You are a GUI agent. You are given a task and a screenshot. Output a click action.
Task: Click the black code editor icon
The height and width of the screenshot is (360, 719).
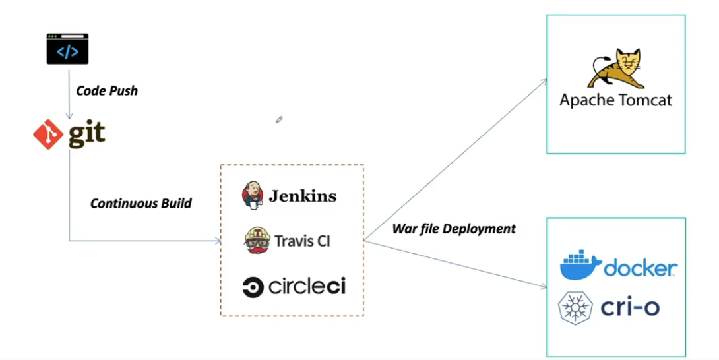pyautogui.click(x=67, y=49)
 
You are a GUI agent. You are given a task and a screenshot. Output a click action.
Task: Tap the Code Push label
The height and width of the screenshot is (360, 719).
pyautogui.click(x=107, y=91)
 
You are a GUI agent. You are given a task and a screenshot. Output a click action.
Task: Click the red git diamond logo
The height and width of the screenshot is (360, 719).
pyautogui.click(x=48, y=135)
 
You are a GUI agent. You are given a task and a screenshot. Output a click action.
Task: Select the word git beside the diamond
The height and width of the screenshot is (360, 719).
pyautogui.click(x=87, y=134)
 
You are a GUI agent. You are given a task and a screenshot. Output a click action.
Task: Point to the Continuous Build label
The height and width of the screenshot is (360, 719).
pyautogui.click(x=141, y=203)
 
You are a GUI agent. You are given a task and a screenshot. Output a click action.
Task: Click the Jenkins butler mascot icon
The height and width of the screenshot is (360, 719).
pyautogui.click(x=252, y=195)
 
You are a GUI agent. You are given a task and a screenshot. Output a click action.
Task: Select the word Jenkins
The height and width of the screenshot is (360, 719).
pyautogui.click(x=302, y=196)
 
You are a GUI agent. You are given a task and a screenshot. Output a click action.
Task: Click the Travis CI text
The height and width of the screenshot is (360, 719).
pyautogui.click(x=302, y=241)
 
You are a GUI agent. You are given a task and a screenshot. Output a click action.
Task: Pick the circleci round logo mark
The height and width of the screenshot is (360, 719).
pyautogui.click(x=253, y=287)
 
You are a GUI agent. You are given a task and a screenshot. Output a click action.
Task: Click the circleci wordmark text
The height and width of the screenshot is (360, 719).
pyautogui.click(x=307, y=287)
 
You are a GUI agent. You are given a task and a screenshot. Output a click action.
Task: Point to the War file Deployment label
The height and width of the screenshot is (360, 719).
pyautogui.click(x=454, y=229)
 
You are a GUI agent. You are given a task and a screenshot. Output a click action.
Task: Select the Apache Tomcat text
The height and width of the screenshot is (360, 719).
pyautogui.click(x=615, y=100)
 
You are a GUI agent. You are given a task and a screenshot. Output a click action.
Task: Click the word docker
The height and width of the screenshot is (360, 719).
pyautogui.click(x=641, y=268)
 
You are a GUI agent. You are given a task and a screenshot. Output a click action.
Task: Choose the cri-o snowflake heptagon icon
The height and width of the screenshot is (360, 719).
pyautogui.click(x=575, y=308)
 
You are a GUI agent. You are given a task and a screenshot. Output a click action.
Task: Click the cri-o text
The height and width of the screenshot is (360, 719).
pyautogui.click(x=630, y=307)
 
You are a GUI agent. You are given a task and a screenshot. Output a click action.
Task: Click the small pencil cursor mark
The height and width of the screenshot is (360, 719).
pyautogui.click(x=280, y=119)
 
